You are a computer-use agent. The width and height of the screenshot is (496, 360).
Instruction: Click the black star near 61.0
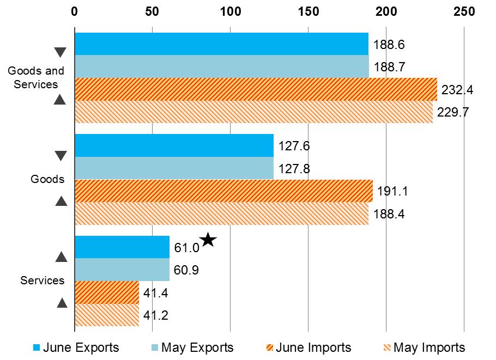(x=208, y=240)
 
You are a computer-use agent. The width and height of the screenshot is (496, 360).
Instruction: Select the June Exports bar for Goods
(x=174, y=145)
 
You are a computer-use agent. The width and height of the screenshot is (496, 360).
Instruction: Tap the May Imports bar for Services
(x=107, y=315)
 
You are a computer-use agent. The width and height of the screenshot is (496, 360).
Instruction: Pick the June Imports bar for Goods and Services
(x=256, y=89)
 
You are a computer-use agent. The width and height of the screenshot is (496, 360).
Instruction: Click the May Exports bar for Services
(x=122, y=270)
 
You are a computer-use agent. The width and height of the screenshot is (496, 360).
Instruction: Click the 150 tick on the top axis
(x=309, y=11)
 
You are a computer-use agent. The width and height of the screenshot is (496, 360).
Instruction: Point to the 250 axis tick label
(x=464, y=11)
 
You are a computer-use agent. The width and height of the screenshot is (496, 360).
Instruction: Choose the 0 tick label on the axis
(x=75, y=11)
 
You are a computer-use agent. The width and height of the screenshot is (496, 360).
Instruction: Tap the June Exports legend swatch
(x=37, y=347)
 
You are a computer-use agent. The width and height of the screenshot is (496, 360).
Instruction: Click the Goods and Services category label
(x=36, y=77)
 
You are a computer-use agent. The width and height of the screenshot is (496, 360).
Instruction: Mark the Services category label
(x=43, y=280)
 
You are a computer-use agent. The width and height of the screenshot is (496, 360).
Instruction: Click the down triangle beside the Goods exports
(x=61, y=156)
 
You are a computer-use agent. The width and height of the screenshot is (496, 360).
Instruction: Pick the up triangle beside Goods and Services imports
(x=61, y=100)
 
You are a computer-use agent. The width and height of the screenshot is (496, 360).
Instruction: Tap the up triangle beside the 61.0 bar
(x=61, y=257)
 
